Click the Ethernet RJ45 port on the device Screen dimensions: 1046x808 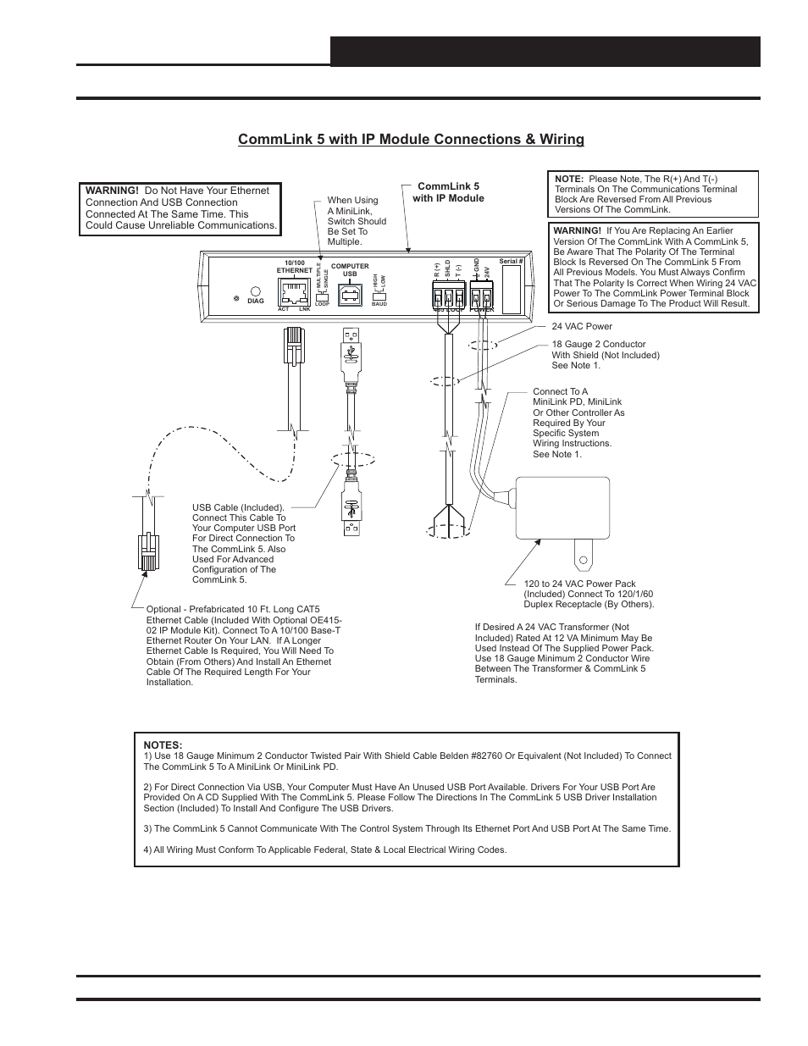[294, 292]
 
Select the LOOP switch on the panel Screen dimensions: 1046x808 [322, 298]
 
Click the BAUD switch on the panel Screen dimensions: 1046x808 [379, 297]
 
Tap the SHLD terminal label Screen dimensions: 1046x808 [448, 271]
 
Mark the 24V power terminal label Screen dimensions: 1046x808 [487, 273]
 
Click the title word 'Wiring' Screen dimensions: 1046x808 [558, 139]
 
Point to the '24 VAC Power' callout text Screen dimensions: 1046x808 [582, 326]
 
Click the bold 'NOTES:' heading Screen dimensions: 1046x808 [163, 745]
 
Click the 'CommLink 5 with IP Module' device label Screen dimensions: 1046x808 [448, 191]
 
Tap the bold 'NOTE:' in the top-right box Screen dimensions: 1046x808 [568, 179]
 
